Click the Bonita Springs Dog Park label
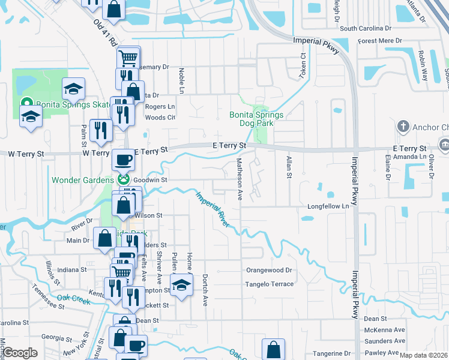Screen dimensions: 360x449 [252, 119]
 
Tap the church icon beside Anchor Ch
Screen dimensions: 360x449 [403, 127]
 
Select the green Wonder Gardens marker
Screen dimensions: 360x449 [123, 179]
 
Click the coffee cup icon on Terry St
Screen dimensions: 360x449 [124, 160]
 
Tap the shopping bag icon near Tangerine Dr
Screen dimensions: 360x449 [274, 348]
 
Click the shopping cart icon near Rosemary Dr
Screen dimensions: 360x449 [128, 58]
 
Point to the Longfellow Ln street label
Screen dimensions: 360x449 [328, 206]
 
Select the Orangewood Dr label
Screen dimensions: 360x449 [269, 271]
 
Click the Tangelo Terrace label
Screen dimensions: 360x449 [270, 284]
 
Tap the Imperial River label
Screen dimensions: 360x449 [212, 208]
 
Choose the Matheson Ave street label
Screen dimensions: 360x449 [239, 179]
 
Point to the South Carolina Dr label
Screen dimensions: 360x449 [365, 28]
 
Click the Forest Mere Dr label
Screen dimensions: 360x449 [379, 41]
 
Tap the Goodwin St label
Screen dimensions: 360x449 [149, 179]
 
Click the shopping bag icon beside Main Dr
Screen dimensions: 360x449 [104, 238]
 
